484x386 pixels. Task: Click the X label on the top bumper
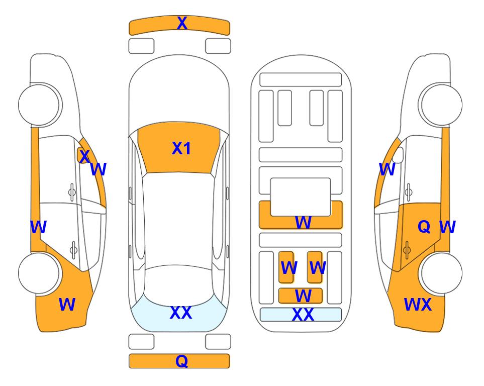coord(182,23)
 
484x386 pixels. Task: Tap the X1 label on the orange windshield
coord(181,148)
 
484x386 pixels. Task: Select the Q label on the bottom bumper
coord(181,361)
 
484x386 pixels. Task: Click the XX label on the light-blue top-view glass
coord(180,313)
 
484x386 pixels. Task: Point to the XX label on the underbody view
coord(303,315)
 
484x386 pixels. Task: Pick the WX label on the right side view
coord(418,305)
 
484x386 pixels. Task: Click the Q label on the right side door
coord(424,227)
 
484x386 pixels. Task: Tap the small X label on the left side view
coord(84,156)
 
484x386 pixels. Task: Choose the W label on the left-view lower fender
coord(67,305)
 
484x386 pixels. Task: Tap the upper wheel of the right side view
coord(441,105)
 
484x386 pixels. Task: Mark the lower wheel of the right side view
coord(441,273)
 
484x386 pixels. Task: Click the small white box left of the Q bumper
coord(141,342)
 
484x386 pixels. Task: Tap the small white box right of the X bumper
coord(218,46)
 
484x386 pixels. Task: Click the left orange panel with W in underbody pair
coord(286,267)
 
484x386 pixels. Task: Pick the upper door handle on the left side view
coord(72,191)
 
